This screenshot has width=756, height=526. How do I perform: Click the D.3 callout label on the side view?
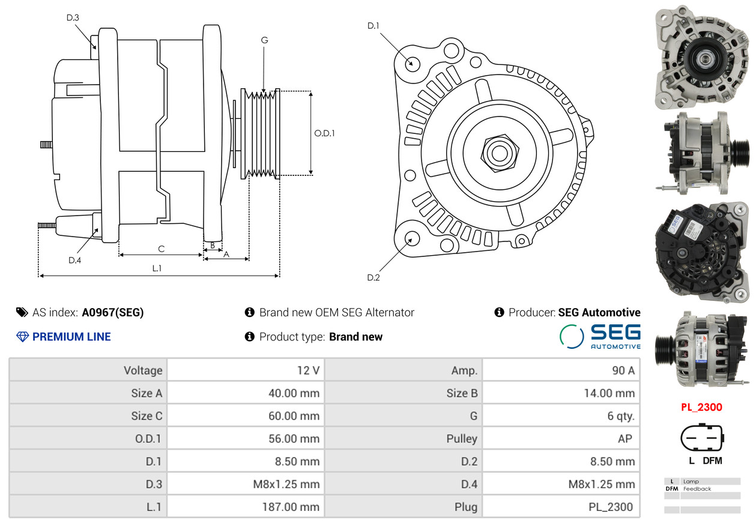(x=73, y=18)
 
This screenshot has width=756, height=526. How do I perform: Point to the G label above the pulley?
(x=264, y=40)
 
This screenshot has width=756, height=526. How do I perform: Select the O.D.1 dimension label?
(x=324, y=133)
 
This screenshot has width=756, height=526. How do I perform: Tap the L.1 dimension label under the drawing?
(x=156, y=268)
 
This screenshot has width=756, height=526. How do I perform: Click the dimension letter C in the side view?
(x=161, y=249)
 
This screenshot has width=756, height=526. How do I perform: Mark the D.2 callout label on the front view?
(x=373, y=277)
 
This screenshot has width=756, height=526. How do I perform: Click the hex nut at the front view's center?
(x=498, y=152)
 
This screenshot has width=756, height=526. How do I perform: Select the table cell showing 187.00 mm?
(x=291, y=507)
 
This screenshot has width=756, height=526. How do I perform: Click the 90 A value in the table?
(x=622, y=370)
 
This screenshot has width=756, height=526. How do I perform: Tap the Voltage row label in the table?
(x=143, y=370)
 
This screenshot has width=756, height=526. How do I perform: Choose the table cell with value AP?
(x=624, y=439)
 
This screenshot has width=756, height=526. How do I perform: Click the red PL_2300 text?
(x=701, y=407)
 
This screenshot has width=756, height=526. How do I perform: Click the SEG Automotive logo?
(x=600, y=336)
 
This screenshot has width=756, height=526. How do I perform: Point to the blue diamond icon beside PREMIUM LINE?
(x=22, y=337)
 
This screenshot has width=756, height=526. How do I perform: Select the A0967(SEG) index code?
(x=113, y=312)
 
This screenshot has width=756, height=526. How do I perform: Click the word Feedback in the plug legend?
(x=697, y=489)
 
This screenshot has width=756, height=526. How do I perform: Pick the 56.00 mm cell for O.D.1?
(x=294, y=439)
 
